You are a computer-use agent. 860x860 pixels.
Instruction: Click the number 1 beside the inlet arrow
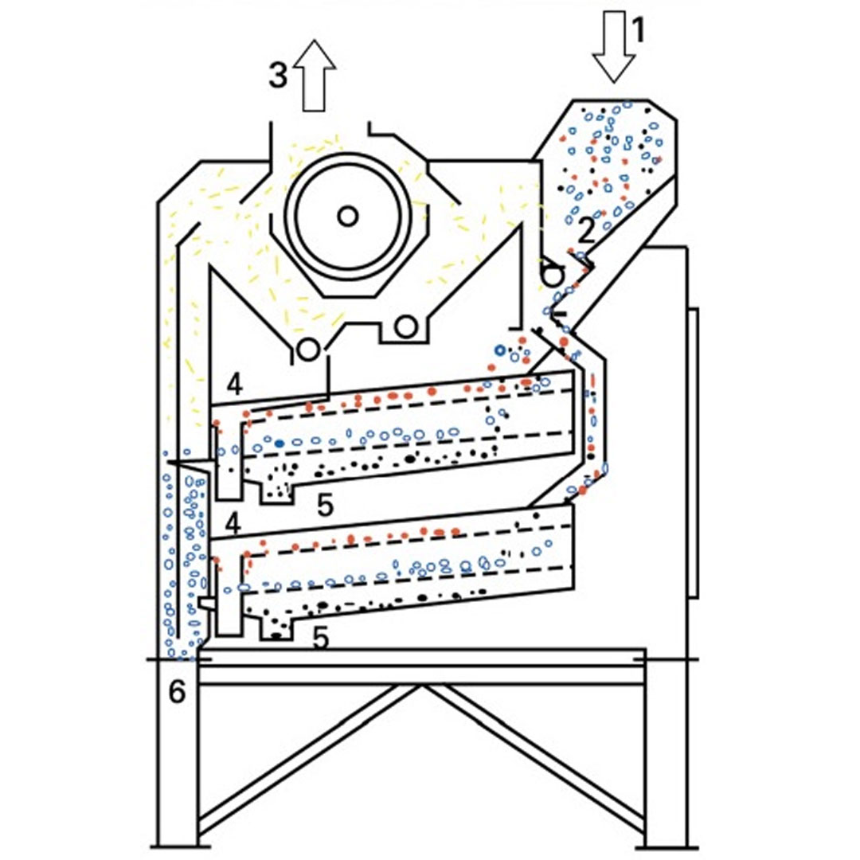[x=637, y=30]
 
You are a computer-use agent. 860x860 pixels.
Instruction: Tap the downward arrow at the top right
[x=614, y=47]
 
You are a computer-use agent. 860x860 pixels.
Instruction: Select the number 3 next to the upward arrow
[x=278, y=75]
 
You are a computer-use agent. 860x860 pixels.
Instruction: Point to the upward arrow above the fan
[x=315, y=75]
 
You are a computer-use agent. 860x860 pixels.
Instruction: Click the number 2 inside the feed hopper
[x=586, y=230]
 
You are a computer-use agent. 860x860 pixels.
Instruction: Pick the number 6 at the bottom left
[x=177, y=691]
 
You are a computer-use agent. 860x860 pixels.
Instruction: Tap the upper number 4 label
[x=234, y=385]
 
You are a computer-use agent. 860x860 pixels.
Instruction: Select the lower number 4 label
[x=233, y=524]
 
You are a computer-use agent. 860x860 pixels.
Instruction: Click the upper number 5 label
[x=325, y=504]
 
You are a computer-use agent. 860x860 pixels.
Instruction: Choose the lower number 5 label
[x=320, y=637]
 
